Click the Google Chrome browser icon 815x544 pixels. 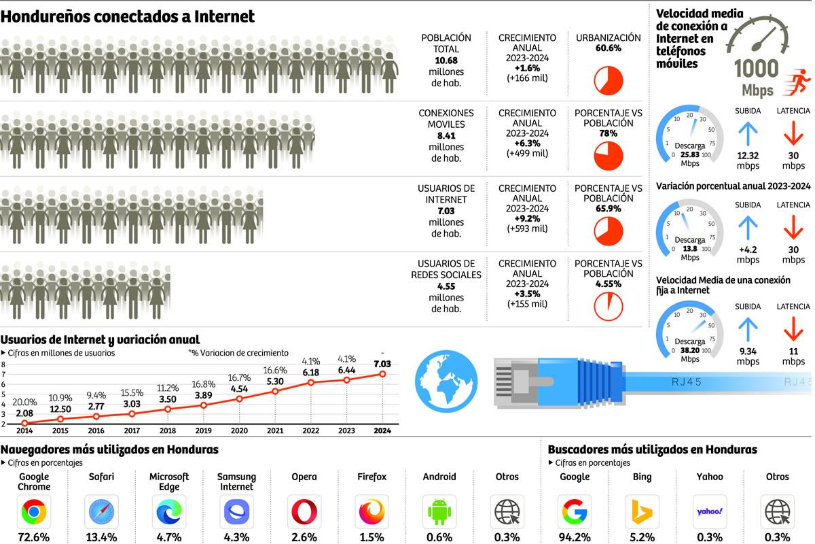tap(34, 511)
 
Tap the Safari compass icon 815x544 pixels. tap(101, 511)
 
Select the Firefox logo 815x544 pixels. tap(372, 511)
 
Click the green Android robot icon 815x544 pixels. tap(439, 511)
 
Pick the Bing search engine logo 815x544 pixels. tap(642, 511)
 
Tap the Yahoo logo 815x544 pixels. tap(710, 511)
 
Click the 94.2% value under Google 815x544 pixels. tap(574, 537)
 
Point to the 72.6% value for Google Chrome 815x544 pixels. tap(34, 537)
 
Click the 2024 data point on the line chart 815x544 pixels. tap(383, 374)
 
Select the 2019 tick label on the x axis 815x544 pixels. tap(203, 430)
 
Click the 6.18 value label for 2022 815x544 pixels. tap(310, 373)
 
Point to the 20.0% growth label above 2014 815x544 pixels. tap(25, 403)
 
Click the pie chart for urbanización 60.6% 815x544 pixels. tap(608, 80)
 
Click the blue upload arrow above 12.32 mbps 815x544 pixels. tap(747, 134)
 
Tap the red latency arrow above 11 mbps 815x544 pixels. tap(793, 330)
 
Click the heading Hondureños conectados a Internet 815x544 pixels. tap(128, 17)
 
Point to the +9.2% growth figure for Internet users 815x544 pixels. tap(526, 219)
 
